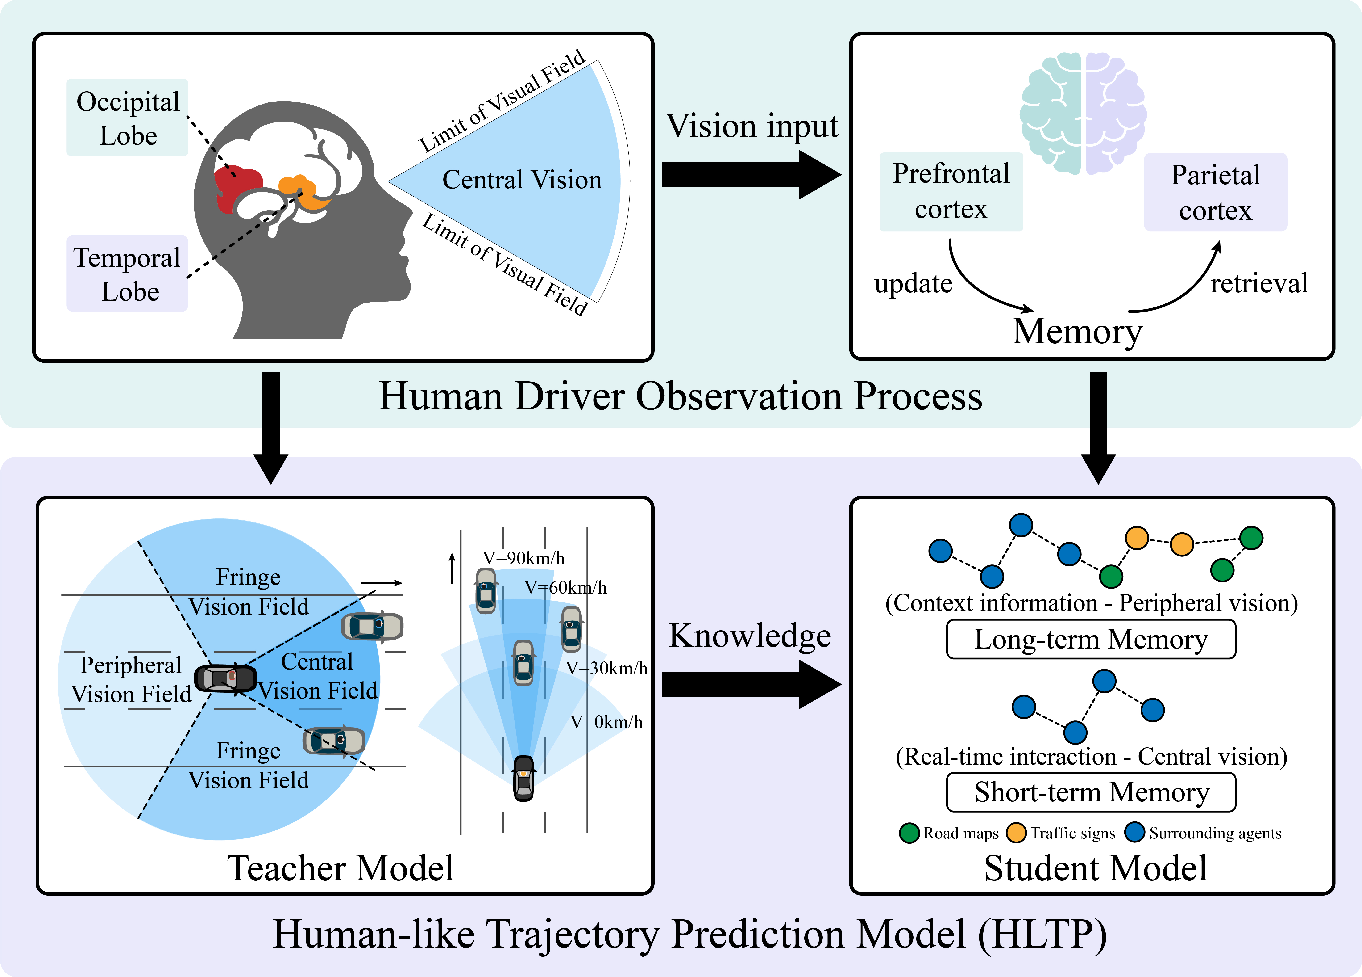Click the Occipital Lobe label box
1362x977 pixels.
click(x=127, y=118)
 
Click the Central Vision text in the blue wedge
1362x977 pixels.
click(x=522, y=180)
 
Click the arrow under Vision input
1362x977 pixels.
click(x=751, y=175)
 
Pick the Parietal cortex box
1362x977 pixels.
click(x=1216, y=192)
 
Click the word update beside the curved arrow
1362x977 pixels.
click(x=914, y=284)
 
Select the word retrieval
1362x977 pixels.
click(x=1259, y=284)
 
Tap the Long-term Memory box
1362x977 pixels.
click(x=1091, y=639)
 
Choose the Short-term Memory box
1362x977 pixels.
click(x=1091, y=792)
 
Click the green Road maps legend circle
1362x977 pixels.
click(x=909, y=833)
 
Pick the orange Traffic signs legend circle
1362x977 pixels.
click(x=1016, y=833)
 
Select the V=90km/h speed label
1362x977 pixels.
click(x=524, y=558)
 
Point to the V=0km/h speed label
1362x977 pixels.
click(x=606, y=722)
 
